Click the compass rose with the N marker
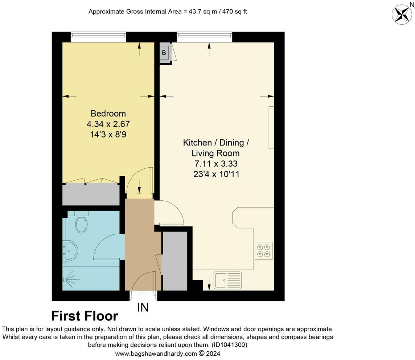point(402,14)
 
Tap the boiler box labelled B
point(164,53)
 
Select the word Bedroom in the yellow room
point(108,114)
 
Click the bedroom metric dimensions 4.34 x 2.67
point(108,124)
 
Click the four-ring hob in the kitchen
point(263,250)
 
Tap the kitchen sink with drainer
point(227,280)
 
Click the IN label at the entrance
point(143,308)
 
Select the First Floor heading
point(85,316)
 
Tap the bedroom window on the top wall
point(98,35)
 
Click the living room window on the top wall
point(204,35)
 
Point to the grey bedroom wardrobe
point(91,195)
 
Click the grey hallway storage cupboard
point(174,261)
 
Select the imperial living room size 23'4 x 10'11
point(216,174)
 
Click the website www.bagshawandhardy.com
point(156,353)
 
